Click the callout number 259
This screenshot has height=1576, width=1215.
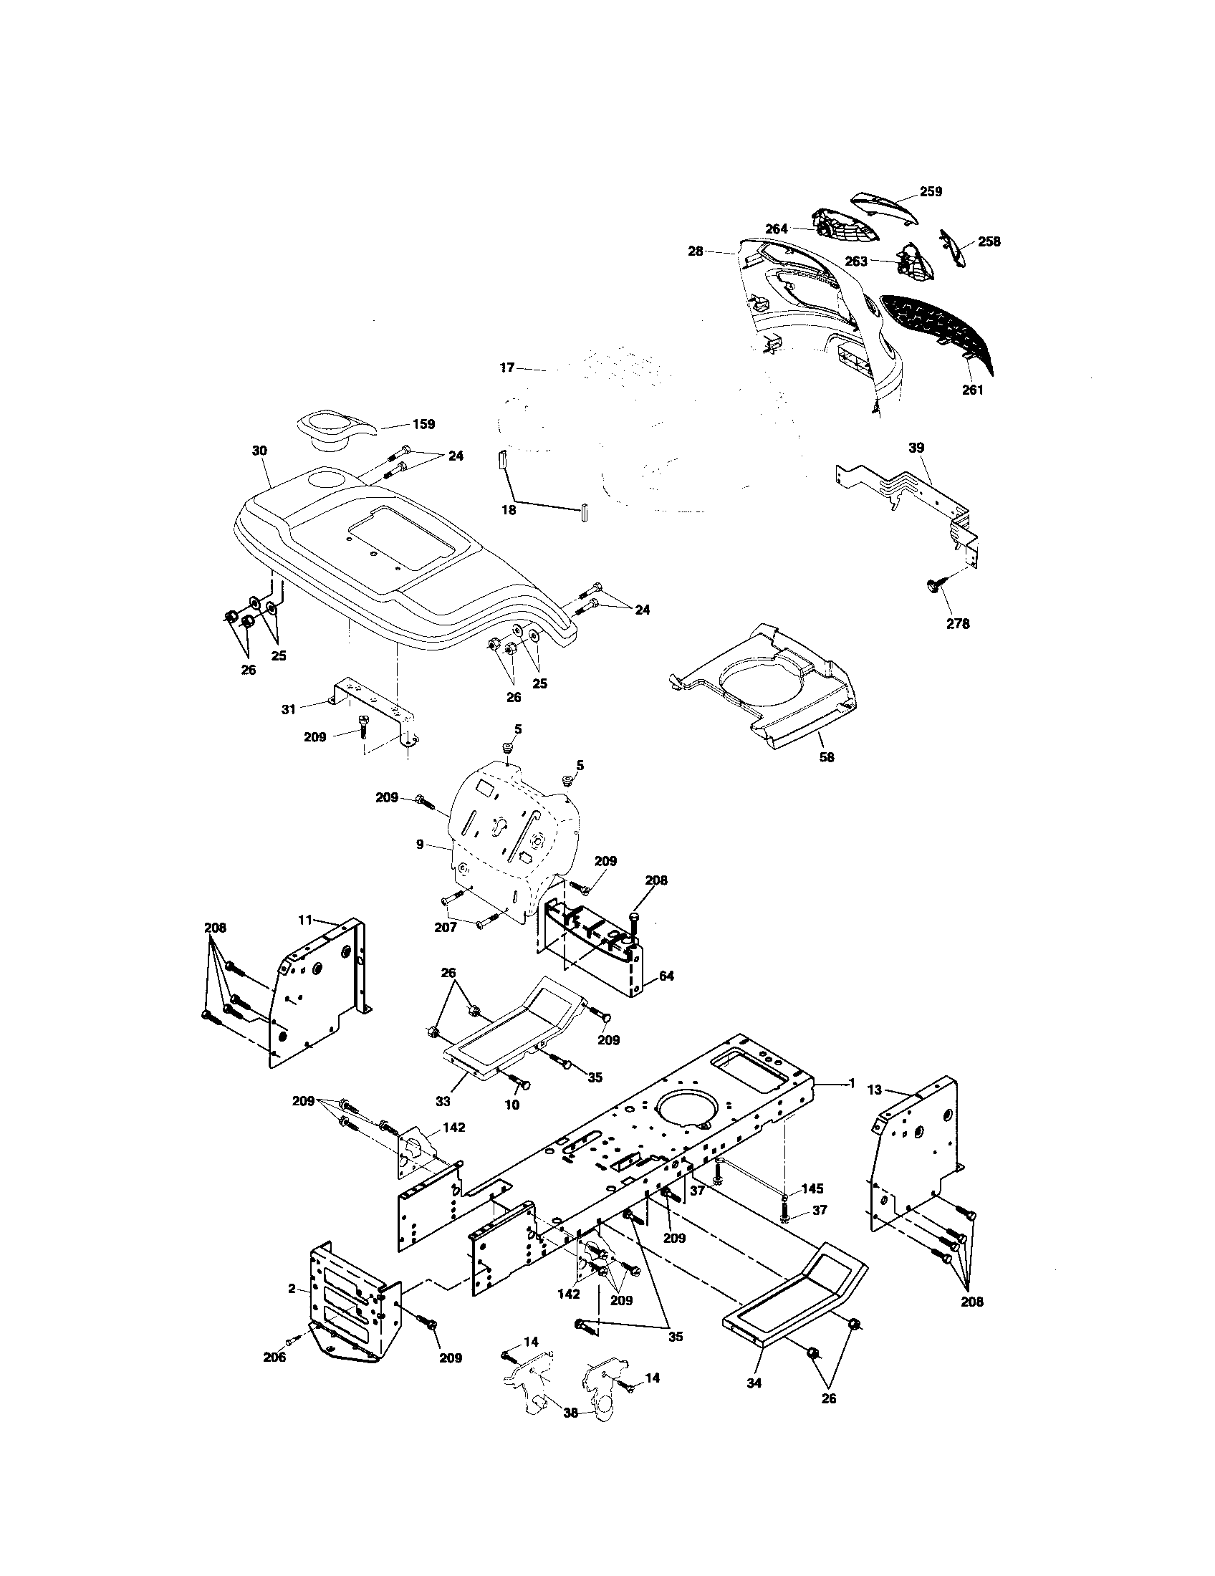[931, 192]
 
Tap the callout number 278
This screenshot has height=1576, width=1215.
[958, 624]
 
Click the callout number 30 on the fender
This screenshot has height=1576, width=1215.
[259, 451]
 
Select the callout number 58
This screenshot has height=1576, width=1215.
[827, 757]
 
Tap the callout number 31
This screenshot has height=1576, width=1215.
[289, 709]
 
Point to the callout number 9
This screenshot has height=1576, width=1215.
[420, 844]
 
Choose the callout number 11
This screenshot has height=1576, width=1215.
[305, 920]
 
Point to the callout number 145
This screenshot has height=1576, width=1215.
[812, 1188]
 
